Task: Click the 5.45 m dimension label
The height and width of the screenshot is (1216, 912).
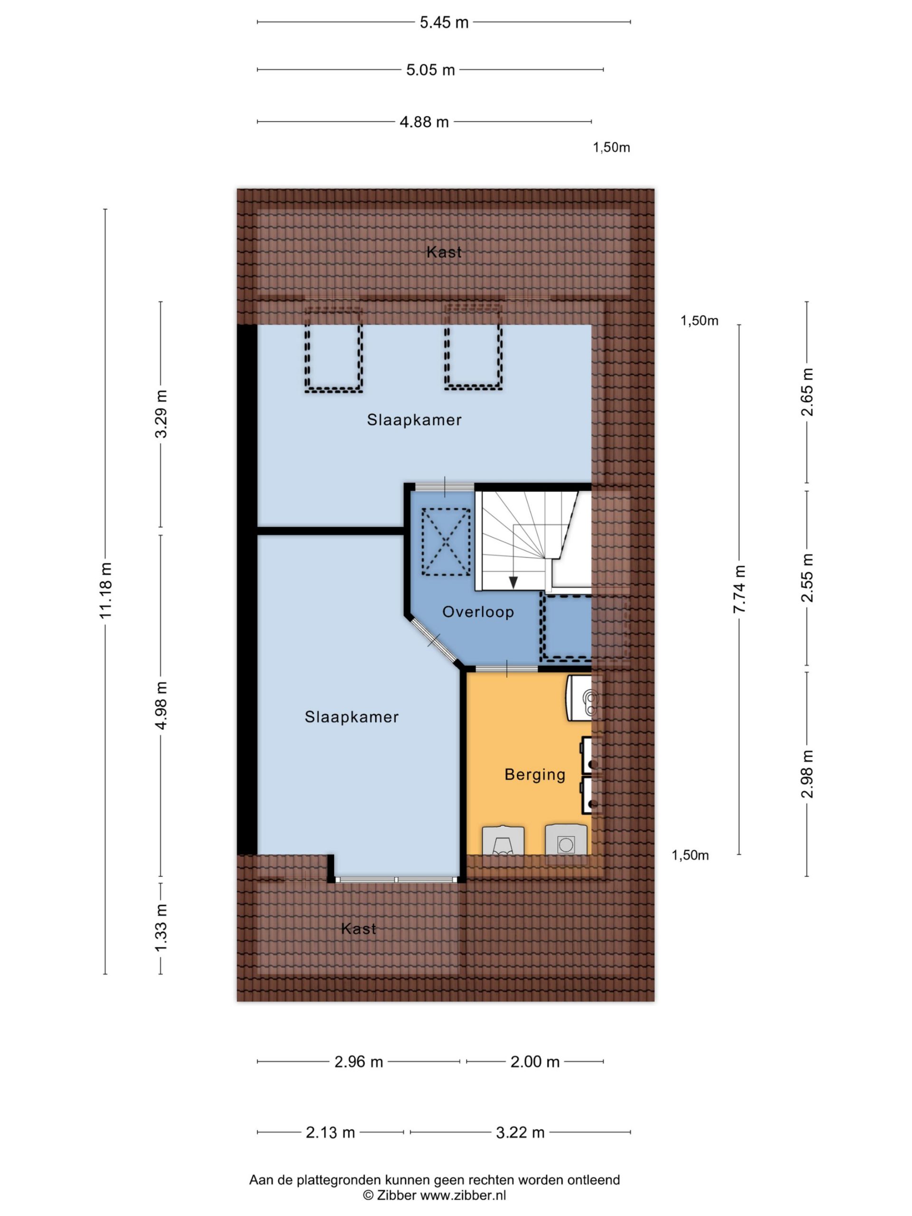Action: [x=444, y=22]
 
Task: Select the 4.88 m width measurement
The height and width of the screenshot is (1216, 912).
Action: [x=424, y=122]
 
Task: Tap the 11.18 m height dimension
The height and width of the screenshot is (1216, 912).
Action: [x=105, y=590]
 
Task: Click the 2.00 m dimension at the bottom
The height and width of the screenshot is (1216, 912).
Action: [x=534, y=1062]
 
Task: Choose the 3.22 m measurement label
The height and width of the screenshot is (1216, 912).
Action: [x=520, y=1132]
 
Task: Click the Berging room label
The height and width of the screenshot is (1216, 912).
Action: [x=535, y=775]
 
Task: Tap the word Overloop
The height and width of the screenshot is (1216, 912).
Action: [x=478, y=612]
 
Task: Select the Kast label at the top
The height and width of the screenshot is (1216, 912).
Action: [x=444, y=252]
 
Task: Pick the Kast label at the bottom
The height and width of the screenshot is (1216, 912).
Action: [x=359, y=929]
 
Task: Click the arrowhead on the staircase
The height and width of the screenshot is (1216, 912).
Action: [x=513, y=582]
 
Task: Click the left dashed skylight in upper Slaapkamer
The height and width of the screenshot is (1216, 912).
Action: [x=333, y=349]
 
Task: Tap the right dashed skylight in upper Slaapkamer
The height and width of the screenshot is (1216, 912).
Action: [x=473, y=348]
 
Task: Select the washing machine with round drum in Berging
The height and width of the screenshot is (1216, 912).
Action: [x=566, y=840]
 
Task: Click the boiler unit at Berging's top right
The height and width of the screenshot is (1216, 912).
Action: [x=584, y=698]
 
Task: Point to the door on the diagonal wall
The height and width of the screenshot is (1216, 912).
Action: [x=434, y=640]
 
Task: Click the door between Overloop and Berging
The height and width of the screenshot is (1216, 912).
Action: [x=506, y=668]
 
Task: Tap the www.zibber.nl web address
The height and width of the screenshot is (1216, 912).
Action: [x=463, y=1195]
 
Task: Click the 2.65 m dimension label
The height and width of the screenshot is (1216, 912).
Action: [x=807, y=392]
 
